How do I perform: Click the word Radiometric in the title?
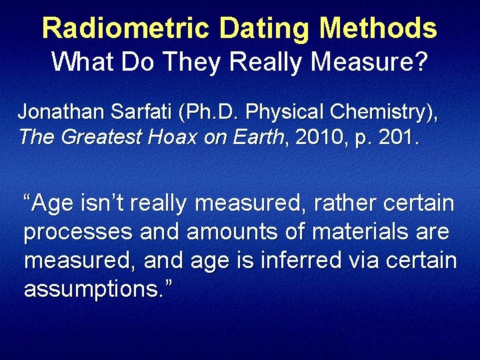click(126, 28)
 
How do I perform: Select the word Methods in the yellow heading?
click(378, 28)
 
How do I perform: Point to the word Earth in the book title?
click(257, 137)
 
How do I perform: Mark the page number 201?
click(394, 137)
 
